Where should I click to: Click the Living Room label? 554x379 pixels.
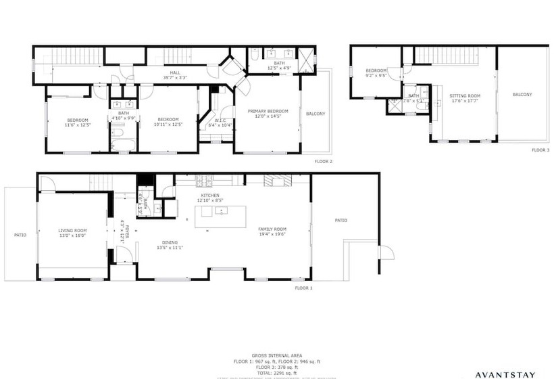coord(72,233)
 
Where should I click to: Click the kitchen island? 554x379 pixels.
coord(221,216)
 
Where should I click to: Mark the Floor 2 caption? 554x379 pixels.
coord(323,162)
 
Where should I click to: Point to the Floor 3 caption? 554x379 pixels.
coord(540,150)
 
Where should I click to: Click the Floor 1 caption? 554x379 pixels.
coord(304,288)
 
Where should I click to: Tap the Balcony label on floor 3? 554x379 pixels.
coord(522,95)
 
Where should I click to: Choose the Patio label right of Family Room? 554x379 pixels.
coord(341,221)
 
